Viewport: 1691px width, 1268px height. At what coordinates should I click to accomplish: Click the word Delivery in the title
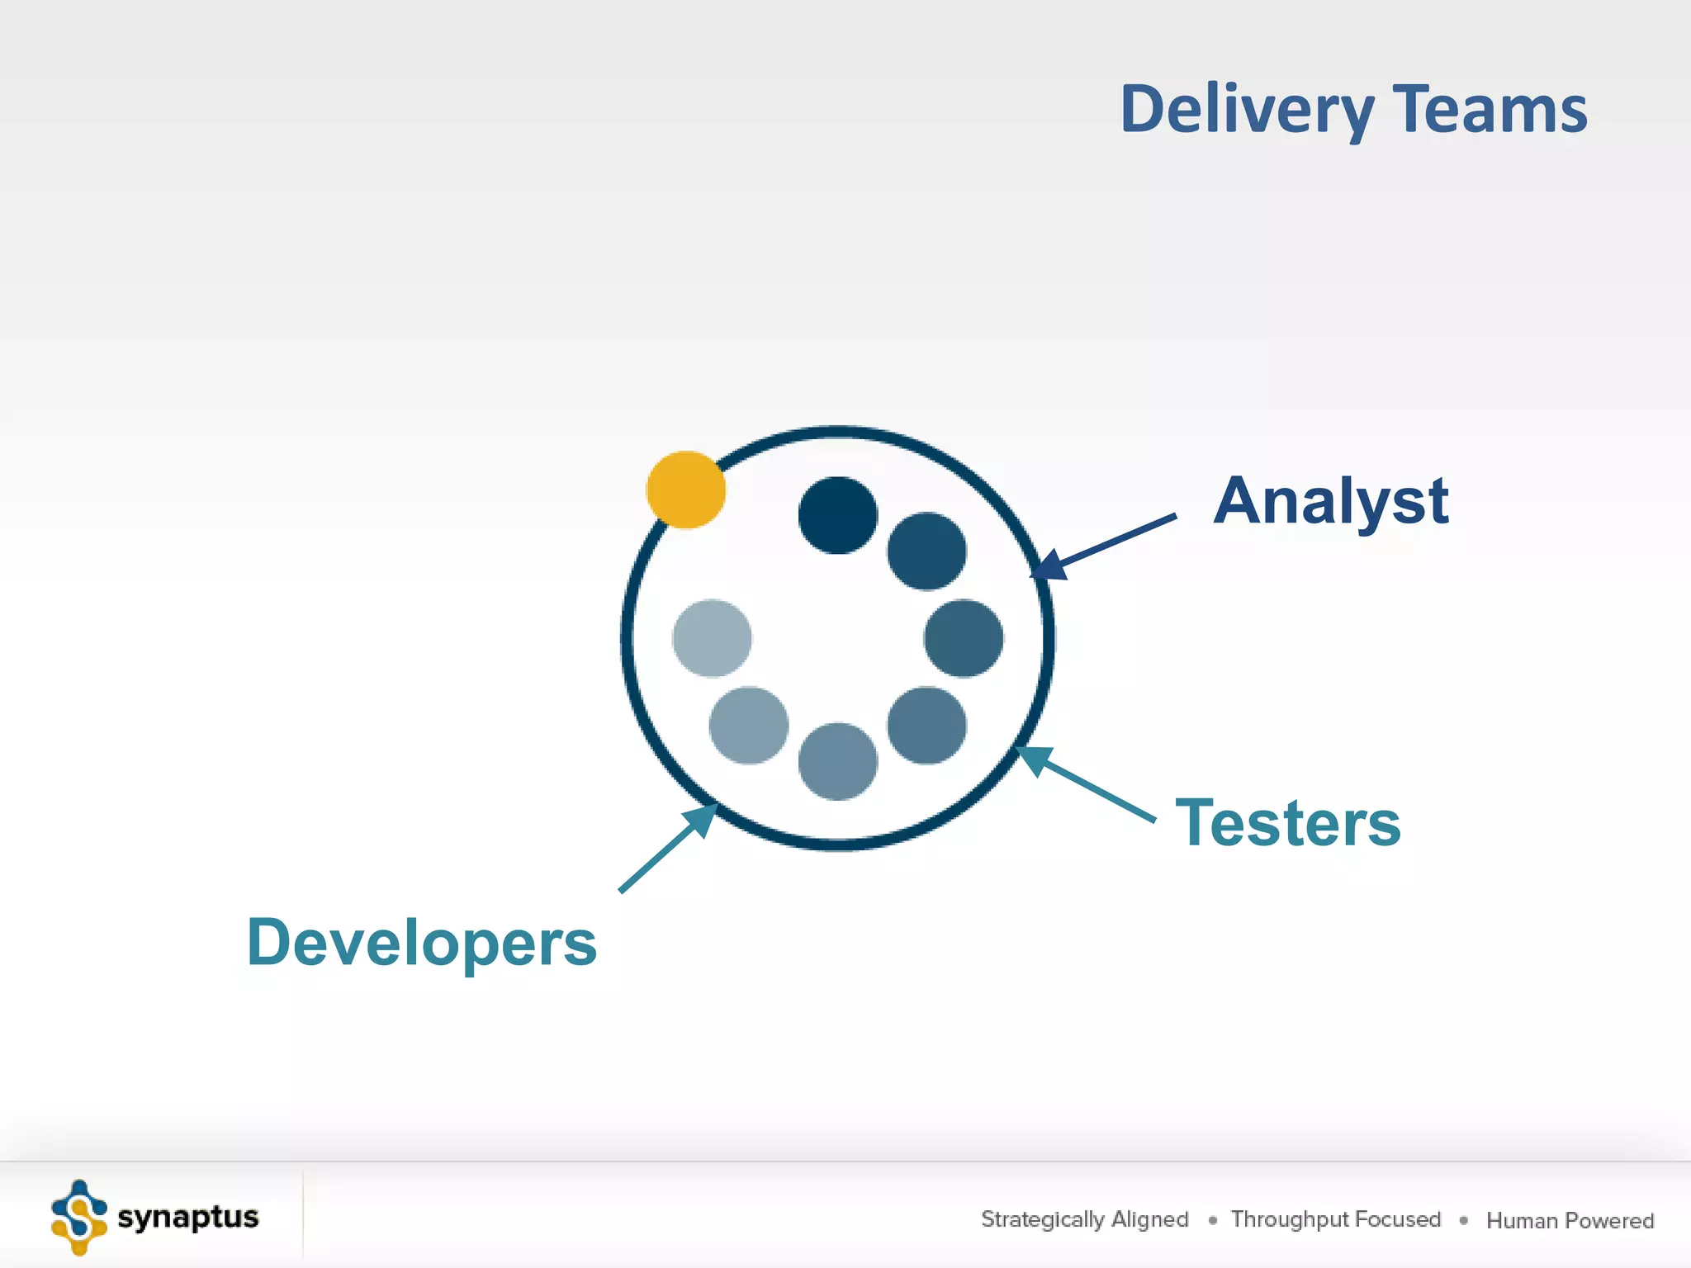point(1247,110)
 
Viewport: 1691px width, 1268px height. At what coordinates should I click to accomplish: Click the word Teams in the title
point(1490,110)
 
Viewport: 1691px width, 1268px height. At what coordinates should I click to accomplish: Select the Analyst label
point(1330,501)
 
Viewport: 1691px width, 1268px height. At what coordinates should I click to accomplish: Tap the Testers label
point(1288,823)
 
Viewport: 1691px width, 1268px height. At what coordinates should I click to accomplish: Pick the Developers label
point(422,943)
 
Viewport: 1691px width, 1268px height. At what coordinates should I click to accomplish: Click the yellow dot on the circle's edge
point(686,490)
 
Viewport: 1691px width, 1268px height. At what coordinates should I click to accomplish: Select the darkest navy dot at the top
point(838,515)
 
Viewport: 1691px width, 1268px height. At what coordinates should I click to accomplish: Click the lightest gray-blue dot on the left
point(712,638)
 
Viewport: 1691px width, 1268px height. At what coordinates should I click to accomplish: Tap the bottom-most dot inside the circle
point(838,761)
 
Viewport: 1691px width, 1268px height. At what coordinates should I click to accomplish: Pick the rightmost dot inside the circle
point(964,638)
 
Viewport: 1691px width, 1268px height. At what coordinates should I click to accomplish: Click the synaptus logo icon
point(79,1218)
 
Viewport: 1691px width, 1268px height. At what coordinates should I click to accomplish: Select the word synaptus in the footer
point(188,1217)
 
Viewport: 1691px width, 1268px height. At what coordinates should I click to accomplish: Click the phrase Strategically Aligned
point(1084,1219)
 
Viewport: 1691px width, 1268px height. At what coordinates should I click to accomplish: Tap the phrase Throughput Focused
point(1335,1219)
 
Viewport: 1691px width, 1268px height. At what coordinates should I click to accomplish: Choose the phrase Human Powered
point(1570,1220)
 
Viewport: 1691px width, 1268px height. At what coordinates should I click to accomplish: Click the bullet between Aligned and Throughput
point(1212,1220)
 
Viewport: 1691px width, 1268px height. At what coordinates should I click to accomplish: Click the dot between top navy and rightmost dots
point(926,551)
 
